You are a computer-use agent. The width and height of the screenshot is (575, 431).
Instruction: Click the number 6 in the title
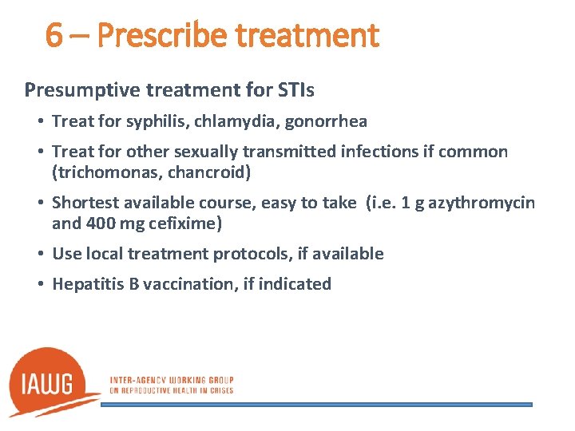click(54, 35)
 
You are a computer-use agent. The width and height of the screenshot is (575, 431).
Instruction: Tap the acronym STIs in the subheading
click(295, 90)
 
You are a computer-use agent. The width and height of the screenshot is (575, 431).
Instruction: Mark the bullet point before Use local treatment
click(39, 254)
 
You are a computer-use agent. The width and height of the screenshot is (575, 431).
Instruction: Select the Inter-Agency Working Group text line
click(171, 379)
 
